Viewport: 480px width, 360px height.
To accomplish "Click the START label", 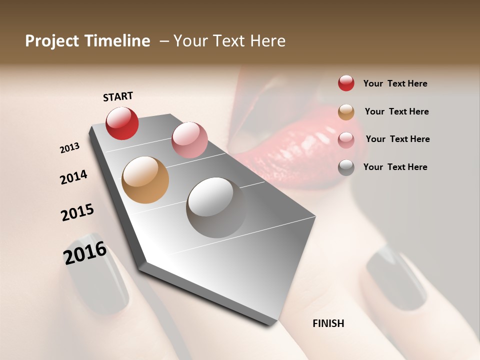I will [118, 96].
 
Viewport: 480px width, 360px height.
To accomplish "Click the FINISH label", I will [328, 323].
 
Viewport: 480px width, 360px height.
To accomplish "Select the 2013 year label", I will [69, 148].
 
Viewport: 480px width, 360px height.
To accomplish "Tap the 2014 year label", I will [73, 177].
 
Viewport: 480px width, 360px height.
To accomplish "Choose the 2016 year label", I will [85, 253].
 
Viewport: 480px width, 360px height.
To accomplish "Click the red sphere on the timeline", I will [122, 123].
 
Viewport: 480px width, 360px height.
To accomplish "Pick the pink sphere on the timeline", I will [189, 139].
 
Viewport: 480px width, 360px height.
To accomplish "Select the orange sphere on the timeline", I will [145, 180].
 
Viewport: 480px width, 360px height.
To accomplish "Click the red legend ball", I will [346, 83].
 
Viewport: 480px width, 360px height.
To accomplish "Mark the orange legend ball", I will [346, 112].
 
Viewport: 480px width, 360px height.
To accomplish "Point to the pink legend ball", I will [346, 139].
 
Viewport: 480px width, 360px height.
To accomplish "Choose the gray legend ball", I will [346, 167].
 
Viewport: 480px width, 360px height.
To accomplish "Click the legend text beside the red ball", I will [395, 83].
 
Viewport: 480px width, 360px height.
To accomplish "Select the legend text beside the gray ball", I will [395, 167].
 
